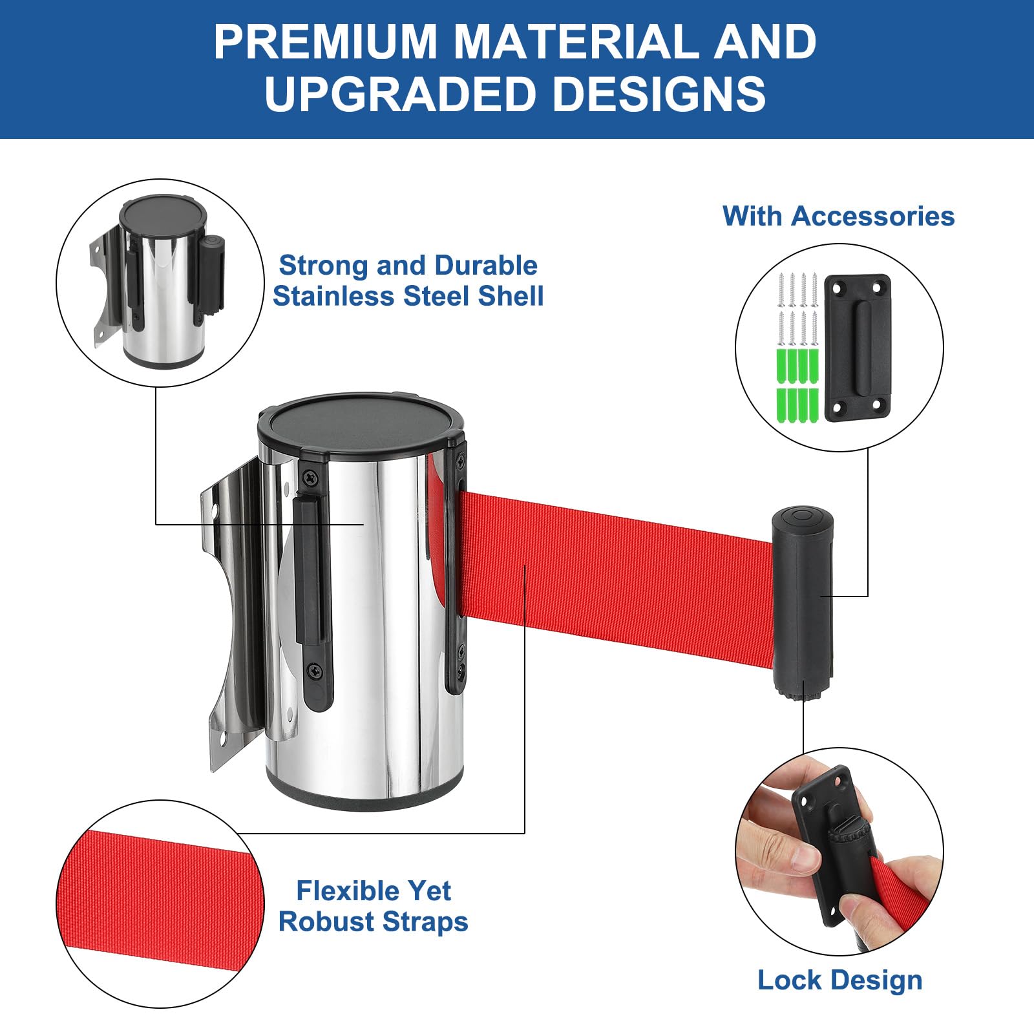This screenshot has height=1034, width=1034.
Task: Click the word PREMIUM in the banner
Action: (327, 42)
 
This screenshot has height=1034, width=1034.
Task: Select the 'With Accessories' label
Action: (838, 216)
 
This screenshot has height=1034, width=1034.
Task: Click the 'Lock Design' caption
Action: (839, 980)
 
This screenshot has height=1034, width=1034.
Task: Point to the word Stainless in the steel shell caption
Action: (333, 296)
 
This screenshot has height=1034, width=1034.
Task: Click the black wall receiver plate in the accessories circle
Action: (857, 348)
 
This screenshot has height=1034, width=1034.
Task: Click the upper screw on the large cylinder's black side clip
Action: (311, 478)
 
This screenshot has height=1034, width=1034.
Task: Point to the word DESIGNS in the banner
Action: (659, 94)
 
